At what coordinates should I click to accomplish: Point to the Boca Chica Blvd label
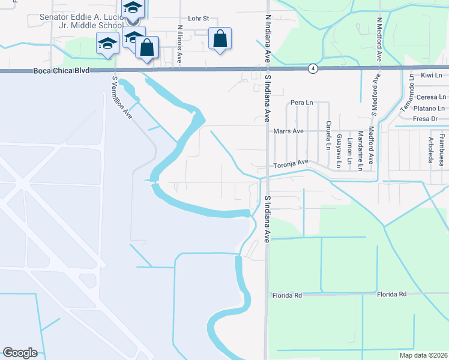click(61, 70)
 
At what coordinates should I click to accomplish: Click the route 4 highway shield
click(313, 69)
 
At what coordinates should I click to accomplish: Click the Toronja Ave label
click(291, 163)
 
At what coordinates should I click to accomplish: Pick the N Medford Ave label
click(379, 40)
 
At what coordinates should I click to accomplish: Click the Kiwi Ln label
click(431, 75)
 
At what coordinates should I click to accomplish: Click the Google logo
click(20, 353)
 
